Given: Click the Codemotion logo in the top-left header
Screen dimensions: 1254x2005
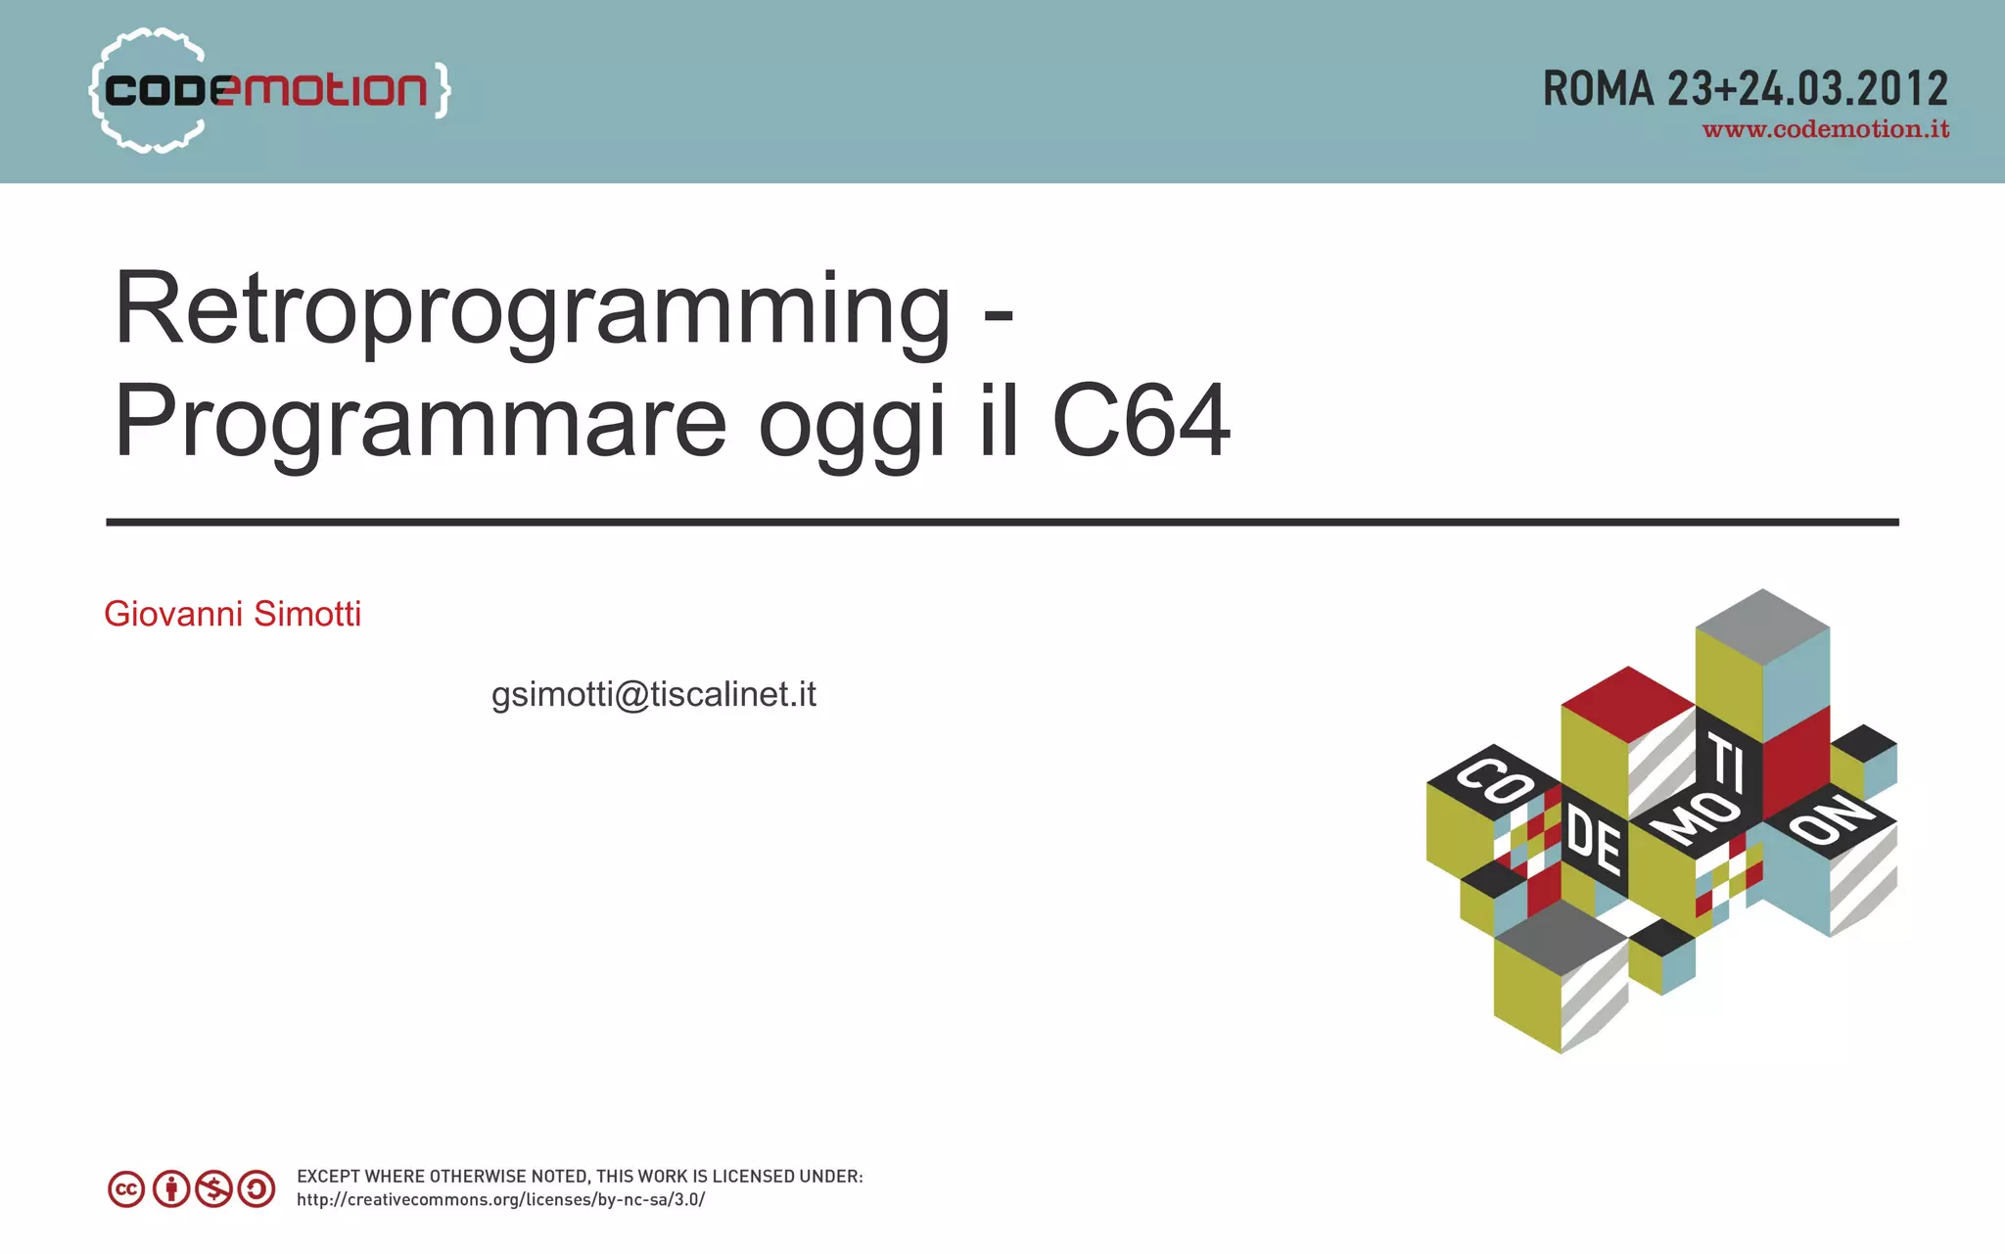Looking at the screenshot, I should point(266,91).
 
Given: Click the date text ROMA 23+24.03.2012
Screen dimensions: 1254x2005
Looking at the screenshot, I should point(1745,89).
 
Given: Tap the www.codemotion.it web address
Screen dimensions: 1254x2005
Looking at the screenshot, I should point(1825,130).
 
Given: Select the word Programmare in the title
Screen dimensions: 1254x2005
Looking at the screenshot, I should point(420,422).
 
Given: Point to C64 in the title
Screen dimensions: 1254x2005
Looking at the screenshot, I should point(1141,422).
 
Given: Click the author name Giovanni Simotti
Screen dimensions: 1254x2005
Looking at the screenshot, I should point(233,614).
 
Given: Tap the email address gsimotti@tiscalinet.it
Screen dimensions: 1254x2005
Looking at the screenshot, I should point(653,694).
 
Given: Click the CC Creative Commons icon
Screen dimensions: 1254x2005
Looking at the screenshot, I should point(126,1189).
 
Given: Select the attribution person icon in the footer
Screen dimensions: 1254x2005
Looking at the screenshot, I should point(171,1189).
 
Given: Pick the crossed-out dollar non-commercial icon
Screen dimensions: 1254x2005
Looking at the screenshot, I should point(213,1189).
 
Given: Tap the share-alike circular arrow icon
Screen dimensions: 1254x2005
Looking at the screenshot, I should point(256,1189).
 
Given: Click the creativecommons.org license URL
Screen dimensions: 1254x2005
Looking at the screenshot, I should point(500,1200).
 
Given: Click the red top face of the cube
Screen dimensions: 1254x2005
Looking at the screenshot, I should point(1627,702).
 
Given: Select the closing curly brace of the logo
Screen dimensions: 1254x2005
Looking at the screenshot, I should point(442,91).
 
